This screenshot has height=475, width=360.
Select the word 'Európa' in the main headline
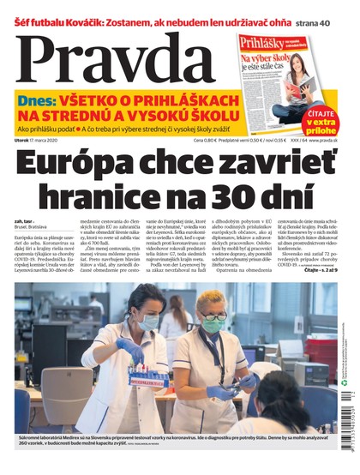pos(81,164)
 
